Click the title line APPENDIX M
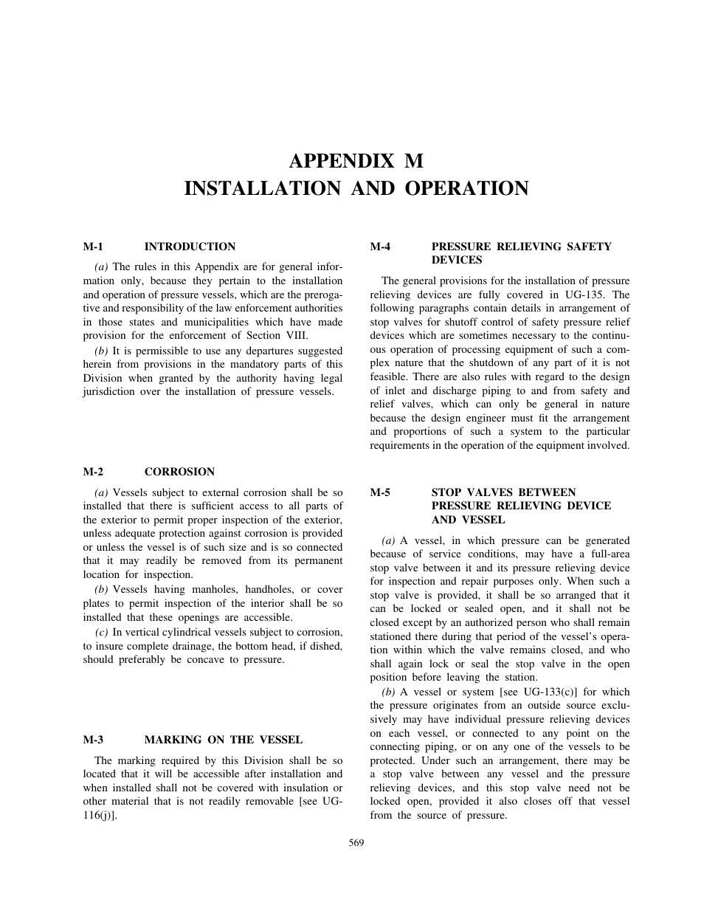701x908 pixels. pyautogui.click(x=356, y=161)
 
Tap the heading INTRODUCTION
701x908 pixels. pyautogui.click(x=190, y=247)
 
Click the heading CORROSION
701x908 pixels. pyautogui.click(x=179, y=472)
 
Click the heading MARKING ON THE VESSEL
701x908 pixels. pyautogui.click(x=223, y=740)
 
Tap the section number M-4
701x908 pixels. pyautogui.click(x=380, y=247)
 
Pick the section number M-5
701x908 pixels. pyautogui.click(x=380, y=492)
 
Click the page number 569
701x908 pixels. pyautogui.click(x=356, y=842)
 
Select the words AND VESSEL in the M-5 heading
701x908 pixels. pyautogui.click(x=468, y=520)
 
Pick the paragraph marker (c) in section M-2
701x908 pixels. pyautogui.click(x=103, y=632)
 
